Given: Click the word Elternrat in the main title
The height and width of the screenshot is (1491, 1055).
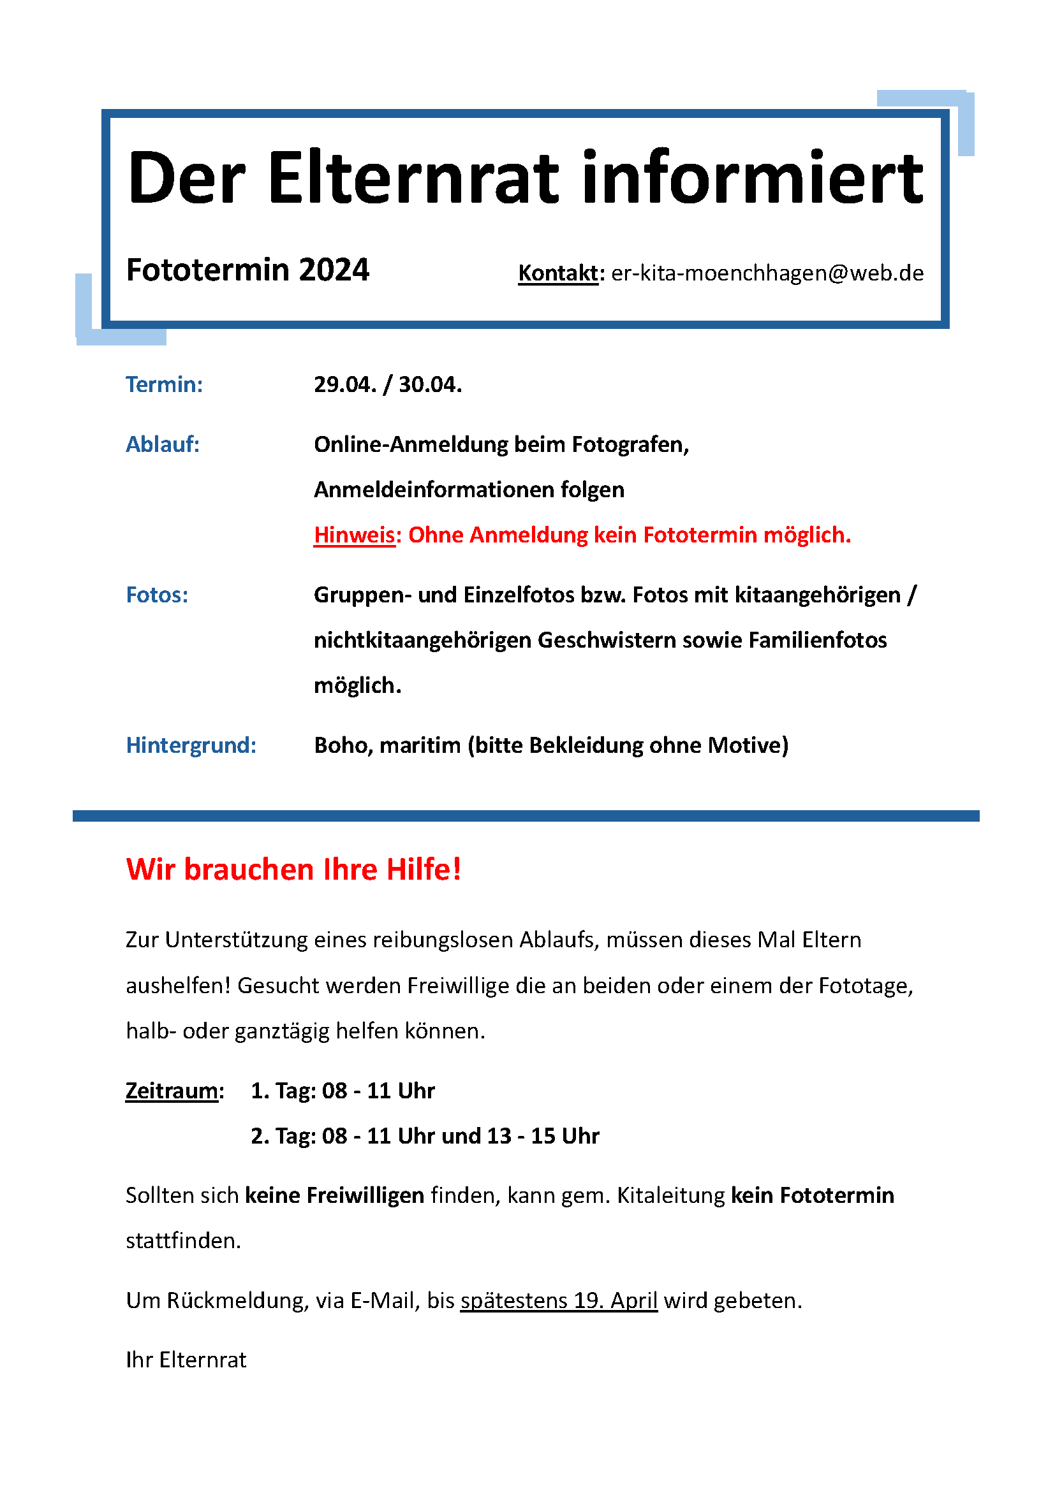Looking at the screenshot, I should tap(413, 177).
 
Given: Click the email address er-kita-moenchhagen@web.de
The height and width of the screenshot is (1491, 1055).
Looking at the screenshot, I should tap(767, 273).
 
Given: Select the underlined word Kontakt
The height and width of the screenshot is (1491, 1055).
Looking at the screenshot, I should tap(557, 273).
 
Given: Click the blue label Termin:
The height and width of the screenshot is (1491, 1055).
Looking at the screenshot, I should tap(165, 384).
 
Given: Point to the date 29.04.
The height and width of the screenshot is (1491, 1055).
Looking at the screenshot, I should tap(345, 384).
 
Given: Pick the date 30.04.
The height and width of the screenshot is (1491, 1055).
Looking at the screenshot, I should tap(430, 384).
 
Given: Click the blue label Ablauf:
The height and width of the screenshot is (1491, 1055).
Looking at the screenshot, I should tap(163, 444).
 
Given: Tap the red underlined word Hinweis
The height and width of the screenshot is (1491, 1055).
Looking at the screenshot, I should tap(354, 535).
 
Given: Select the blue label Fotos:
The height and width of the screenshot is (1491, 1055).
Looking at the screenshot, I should tap(157, 595).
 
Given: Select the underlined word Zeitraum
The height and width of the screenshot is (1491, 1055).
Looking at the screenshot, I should tap(172, 1090).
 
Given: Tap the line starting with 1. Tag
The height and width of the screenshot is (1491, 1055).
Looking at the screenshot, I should tap(343, 1090).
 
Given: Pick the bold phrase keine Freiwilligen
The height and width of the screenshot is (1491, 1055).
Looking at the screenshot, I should tap(335, 1195).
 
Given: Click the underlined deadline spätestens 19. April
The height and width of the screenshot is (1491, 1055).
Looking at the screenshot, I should tap(559, 1301).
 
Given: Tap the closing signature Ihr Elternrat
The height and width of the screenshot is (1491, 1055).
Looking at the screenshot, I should tap(186, 1360).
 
